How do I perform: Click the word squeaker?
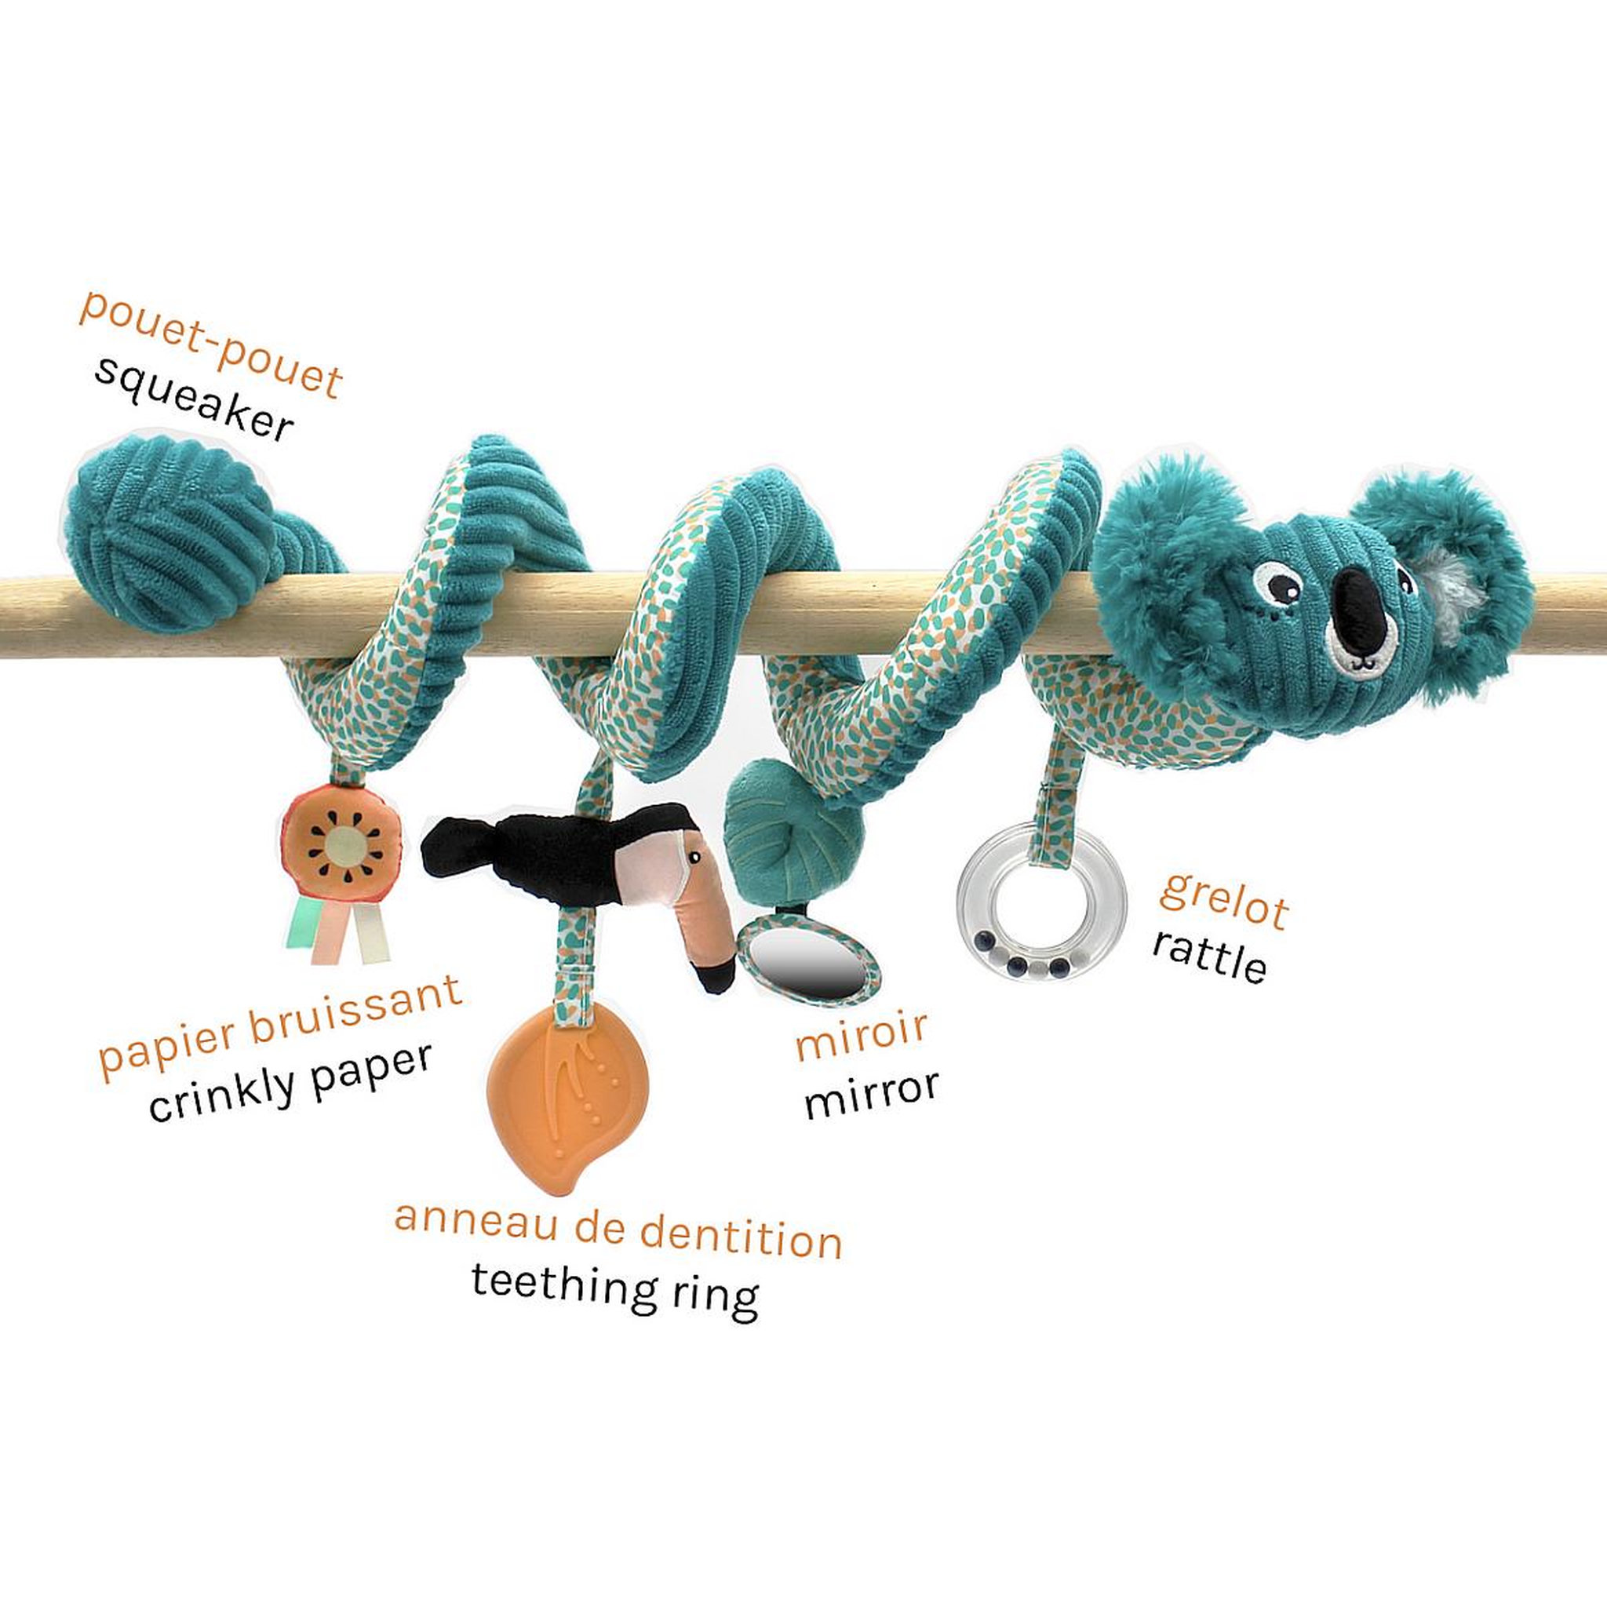193,399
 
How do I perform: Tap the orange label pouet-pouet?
210,344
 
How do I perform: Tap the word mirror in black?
871,1094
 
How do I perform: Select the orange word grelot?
1224,899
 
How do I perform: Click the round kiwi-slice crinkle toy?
341,843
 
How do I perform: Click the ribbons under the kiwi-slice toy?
341,927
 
